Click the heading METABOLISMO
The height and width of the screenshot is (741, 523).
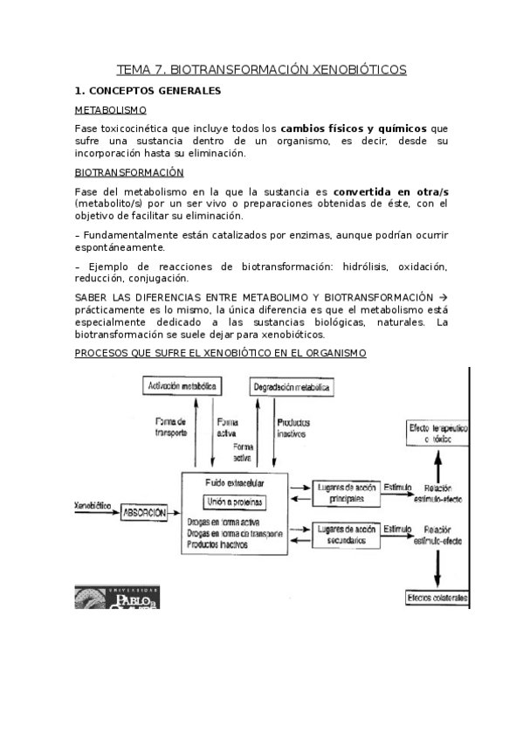point(110,110)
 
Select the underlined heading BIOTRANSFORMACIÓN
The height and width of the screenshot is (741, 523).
point(129,172)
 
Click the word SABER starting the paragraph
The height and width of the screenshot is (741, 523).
point(95,297)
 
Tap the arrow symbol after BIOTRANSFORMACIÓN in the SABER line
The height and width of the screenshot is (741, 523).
point(442,297)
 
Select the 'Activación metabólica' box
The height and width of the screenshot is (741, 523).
point(182,385)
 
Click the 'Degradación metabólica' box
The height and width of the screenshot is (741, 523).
point(292,386)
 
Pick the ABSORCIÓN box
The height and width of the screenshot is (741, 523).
point(143,513)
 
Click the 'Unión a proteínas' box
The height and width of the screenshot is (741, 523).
point(234,502)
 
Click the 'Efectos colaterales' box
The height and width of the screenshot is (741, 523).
point(436,598)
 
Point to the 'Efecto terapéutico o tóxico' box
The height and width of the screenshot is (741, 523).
point(437,433)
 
